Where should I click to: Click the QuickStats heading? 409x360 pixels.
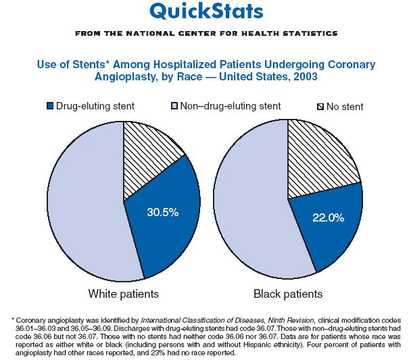(206, 11)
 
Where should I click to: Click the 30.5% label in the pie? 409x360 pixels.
(163, 213)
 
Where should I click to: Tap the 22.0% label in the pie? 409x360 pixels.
(329, 217)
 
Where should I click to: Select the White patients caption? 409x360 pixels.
(124, 294)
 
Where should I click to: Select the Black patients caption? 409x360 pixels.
(288, 294)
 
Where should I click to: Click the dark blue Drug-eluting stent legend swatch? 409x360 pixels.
(49, 106)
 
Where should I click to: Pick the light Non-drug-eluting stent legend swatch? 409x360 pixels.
(174, 106)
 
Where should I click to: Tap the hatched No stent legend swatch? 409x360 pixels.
(320, 107)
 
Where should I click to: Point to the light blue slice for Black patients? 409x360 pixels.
(250, 203)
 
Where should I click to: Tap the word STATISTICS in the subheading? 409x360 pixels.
(308, 33)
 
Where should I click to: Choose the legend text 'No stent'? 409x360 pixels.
(345, 107)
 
